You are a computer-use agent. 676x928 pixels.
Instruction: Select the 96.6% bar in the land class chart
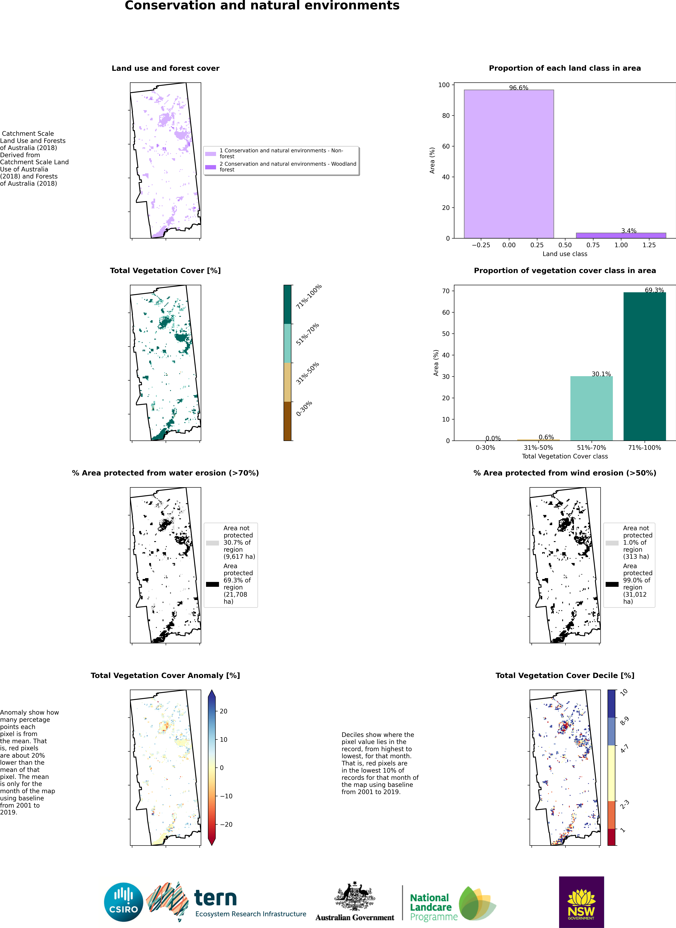click(509, 164)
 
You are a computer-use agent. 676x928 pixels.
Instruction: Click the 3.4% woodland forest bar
click(621, 235)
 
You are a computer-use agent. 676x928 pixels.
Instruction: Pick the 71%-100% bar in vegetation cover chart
click(644, 366)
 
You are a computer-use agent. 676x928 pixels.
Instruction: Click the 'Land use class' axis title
click(565, 254)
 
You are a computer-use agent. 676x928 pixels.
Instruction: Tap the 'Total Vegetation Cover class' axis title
click(565, 456)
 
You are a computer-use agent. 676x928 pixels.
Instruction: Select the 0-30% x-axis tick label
click(485, 448)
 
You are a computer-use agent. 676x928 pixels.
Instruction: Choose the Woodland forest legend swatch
click(210, 167)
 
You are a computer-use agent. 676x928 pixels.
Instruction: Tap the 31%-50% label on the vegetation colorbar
click(307, 373)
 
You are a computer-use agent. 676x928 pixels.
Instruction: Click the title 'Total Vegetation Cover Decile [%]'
click(565, 676)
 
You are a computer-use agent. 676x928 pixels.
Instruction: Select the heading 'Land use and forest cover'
click(165, 68)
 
